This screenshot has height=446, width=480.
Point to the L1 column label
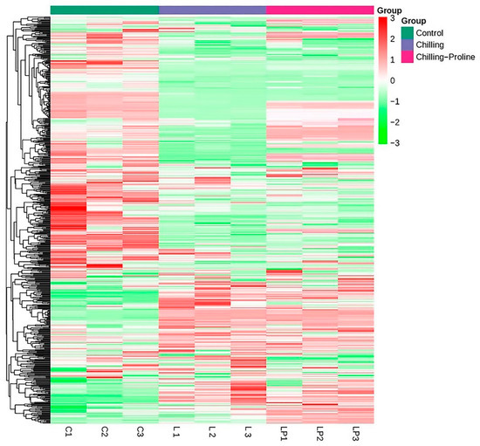coord(176,431)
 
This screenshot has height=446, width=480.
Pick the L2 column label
coord(212,431)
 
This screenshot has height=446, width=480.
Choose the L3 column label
coord(248,431)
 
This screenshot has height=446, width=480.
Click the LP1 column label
coord(284,433)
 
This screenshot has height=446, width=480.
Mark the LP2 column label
coord(319,433)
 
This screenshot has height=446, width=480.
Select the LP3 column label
coord(355,433)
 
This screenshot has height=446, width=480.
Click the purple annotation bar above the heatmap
coord(212,9)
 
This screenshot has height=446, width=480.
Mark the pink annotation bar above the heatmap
coord(319,9)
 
